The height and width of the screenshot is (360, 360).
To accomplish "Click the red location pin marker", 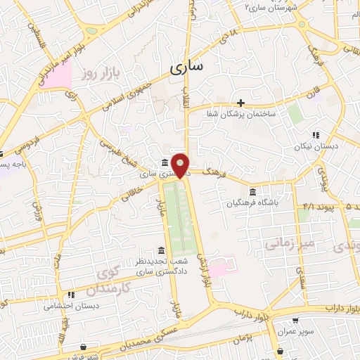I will (x=181, y=164).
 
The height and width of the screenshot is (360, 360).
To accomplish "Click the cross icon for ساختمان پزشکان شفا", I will (x=240, y=103).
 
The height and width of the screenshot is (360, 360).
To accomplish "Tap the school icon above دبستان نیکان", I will (x=316, y=135).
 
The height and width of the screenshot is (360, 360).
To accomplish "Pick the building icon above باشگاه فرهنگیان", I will (x=252, y=192).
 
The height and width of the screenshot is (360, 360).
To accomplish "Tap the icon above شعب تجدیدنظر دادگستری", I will (x=162, y=250).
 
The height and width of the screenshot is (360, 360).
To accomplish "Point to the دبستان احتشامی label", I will (x=72, y=306).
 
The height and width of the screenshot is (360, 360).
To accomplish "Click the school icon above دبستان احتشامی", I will (x=70, y=295).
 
